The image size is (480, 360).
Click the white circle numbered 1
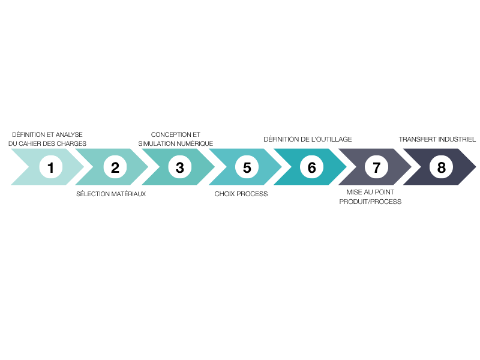pos(51,167)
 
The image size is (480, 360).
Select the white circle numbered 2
pos(115,167)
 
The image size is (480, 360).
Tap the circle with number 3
pos(180,167)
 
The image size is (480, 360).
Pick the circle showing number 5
pos(247,167)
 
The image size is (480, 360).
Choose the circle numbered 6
pos(311,167)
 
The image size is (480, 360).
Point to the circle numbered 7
pos(377,167)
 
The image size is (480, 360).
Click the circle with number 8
pos(441,167)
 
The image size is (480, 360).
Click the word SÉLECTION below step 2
pos(93,194)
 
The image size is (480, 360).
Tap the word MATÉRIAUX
pos(128,194)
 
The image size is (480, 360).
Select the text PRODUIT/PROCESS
pos(370,202)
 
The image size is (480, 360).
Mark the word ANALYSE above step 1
pos(69,134)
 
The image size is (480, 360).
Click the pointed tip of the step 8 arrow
pos(476,167)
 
